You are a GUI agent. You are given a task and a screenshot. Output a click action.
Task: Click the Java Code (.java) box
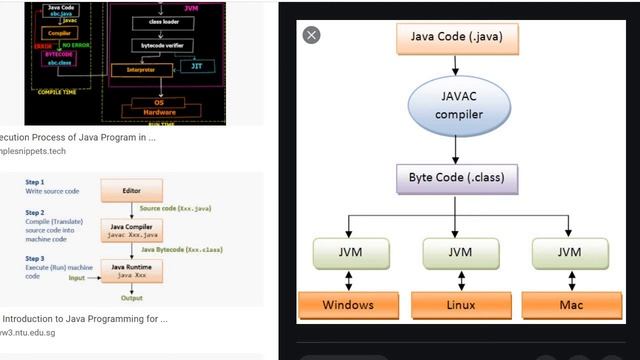(x=456, y=38)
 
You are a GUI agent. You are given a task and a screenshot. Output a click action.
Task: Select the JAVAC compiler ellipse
(x=456, y=107)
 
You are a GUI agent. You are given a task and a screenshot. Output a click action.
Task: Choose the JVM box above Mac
(x=567, y=252)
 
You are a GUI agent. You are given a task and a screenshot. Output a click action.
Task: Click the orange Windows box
(x=348, y=304)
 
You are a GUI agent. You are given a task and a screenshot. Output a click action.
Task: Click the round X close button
(x=312, y=35)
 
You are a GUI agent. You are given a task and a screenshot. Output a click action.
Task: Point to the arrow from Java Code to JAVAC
(x=456, y=64)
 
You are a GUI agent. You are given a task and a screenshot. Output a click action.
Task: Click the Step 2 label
(x=35, y=213)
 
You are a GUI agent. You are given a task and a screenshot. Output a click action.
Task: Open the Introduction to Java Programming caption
(x=84, y=319)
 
